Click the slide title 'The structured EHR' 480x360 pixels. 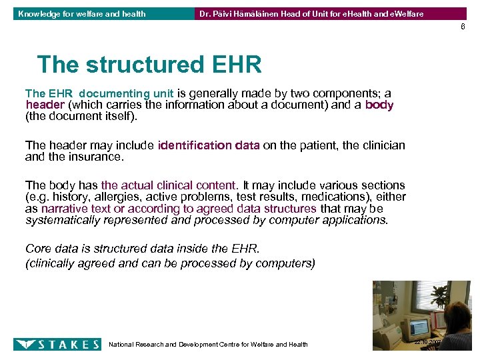149,65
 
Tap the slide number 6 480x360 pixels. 462,27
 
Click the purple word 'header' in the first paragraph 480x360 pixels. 45,105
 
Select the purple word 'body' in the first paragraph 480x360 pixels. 379,105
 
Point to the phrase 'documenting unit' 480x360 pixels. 126,94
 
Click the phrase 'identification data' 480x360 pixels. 209,146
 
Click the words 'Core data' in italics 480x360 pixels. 51,249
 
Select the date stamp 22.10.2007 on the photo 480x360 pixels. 427,341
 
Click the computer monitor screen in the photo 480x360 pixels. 419,326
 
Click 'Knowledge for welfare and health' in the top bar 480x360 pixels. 82,13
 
